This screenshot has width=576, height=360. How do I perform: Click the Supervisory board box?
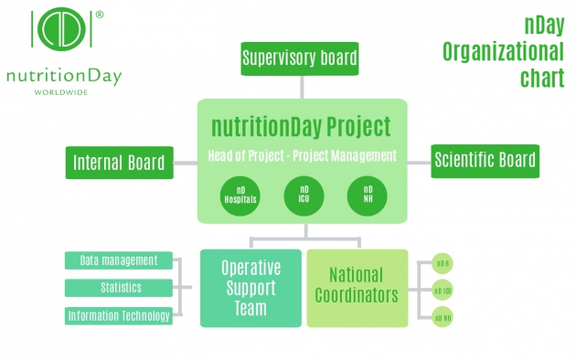click(x=299, y=60)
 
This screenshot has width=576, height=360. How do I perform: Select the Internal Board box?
click(x=119, y=163)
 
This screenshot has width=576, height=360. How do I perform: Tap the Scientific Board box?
click(x=485, y=162)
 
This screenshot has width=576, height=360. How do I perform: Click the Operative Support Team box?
click(x=251, y=288)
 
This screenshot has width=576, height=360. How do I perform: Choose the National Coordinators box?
click(x=356, y=287)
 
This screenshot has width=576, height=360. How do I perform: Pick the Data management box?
click(x=118, y=260)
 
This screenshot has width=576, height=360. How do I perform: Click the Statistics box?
click(x=118, y=288)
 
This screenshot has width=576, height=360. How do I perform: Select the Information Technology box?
click(x=118, y=316)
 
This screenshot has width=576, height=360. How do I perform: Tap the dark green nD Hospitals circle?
click(x=240, y=196)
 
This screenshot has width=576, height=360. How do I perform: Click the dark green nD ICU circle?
click(x=303, y=196)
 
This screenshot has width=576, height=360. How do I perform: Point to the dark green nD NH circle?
click(x=366, y=196)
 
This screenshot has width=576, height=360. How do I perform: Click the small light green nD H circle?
click(x=443, y=263)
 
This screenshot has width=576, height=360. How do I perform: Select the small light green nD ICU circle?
click(x=443, y=291)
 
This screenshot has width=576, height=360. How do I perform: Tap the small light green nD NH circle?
click(x=443, y=318)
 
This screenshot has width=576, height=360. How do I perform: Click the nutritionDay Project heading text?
click(x=302, y=126)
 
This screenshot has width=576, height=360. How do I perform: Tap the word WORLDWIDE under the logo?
click(x=62, y=91)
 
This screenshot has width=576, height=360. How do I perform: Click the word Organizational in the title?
click(x=503, y=50)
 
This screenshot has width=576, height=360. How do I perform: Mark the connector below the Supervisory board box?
click(x=301, y=87)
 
